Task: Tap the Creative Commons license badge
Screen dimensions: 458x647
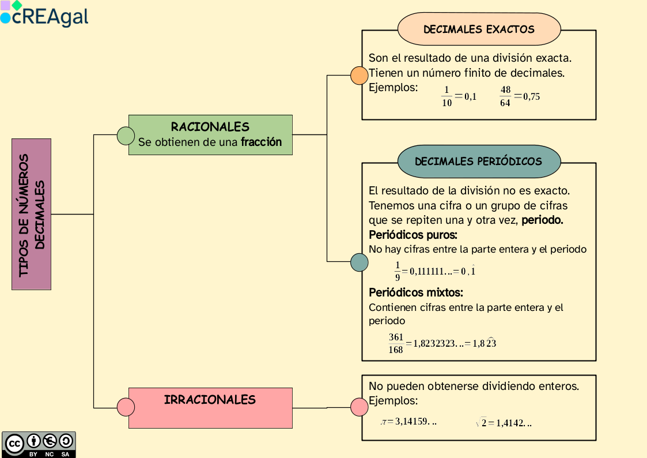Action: coord(39,444)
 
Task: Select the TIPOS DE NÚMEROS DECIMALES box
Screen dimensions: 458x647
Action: coord(31,214)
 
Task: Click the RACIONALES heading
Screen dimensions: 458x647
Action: coord(210,127)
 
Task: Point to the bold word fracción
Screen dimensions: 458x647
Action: coord(262,142)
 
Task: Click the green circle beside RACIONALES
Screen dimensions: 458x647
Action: coord(126,136)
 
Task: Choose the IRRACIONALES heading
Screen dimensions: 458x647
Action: coord(210,400)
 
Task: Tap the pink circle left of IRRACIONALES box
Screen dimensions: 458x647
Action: coord(126,407)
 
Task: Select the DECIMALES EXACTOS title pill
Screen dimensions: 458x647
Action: coord(479,29)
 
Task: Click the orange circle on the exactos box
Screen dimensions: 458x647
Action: coord(360,76)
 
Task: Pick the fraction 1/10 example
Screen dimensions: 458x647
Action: coord(447,97)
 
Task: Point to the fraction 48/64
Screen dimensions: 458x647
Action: coord(505,97)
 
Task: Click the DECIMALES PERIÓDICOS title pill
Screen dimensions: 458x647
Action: coord(478,162)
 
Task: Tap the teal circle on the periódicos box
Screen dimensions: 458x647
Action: coord(360,262)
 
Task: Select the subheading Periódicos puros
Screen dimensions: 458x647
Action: coord(413,235)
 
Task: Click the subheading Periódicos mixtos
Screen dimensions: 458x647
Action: coord(416,292)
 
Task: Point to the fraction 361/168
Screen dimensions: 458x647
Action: coord(396,343)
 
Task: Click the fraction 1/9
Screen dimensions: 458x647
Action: coord(398,271)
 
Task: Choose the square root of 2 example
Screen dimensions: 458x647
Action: coord(482,423)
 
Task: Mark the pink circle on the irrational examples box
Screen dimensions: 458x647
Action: coord(360,407)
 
